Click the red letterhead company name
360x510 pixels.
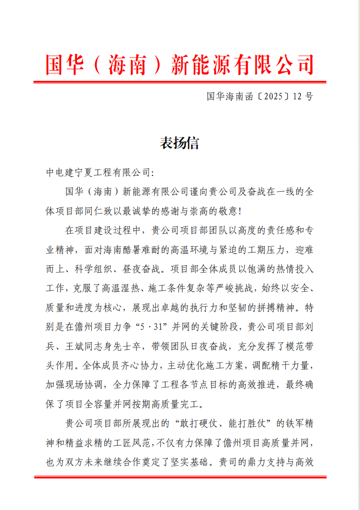[180, 64]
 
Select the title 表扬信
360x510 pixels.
[180, 143]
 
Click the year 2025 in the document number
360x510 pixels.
[274, 97]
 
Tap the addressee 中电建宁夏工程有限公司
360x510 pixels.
[98, 173]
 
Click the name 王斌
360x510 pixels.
[81, 346]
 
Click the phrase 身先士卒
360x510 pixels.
[129, 346]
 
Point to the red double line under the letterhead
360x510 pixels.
[180, 82]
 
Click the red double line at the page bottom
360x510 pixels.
[180, 477]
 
